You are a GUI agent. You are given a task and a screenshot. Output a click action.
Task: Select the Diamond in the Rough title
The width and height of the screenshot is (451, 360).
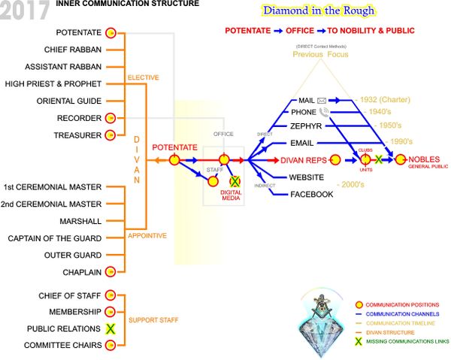[317, 11]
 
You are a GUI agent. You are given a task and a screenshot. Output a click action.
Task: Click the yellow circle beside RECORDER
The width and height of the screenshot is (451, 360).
[110, 118]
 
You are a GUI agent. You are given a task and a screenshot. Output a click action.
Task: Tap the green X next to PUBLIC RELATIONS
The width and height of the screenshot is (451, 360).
[110, 328]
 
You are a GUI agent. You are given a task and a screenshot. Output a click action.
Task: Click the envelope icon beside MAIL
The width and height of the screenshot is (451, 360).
[323, 99]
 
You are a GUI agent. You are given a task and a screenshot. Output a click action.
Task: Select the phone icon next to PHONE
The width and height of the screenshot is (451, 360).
[323, 112]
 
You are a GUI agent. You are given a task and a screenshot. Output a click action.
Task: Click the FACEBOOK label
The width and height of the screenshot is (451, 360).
[311, 194]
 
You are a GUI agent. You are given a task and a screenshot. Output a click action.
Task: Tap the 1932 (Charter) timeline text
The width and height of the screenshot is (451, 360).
[376, 99]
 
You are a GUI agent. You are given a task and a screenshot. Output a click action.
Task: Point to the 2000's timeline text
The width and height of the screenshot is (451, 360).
[356, 183]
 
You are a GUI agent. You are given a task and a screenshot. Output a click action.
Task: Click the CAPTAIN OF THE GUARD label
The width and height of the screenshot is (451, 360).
[55, 238]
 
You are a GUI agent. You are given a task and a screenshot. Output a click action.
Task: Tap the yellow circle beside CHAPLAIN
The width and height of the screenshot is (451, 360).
[110, 271]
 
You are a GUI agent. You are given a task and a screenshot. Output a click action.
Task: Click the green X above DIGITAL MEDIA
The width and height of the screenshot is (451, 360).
[235, 182]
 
